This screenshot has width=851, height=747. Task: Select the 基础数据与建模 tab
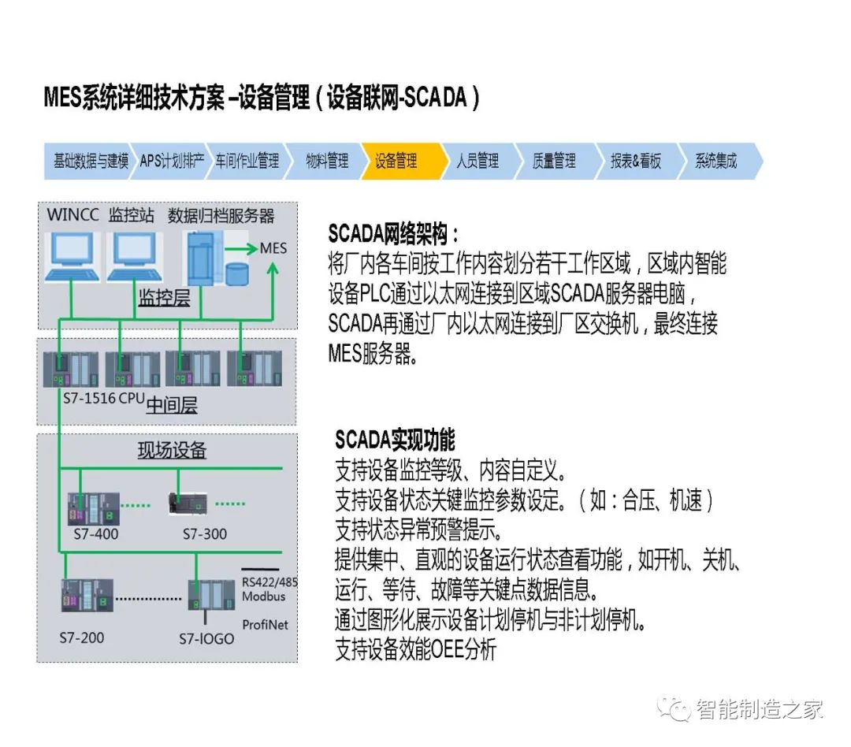coord(91,162)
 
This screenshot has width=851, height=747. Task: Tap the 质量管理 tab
coord(554,162)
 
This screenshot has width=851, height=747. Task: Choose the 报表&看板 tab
coord(635,162)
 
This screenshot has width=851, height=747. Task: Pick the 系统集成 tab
coord(715,162)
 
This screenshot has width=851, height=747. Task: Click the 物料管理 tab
coord(327,162)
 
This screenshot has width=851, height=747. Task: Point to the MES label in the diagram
coord(273,248)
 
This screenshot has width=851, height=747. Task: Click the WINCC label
coord(73,215)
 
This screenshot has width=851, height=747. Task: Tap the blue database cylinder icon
coord(236,273)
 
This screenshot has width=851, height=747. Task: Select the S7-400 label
coord(95,533)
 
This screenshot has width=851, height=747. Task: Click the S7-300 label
coord(205,533)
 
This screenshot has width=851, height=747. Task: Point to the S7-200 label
coord(82,637)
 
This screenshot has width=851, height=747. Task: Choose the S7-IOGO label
coord(206,638)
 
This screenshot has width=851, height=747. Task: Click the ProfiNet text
coord(265,625)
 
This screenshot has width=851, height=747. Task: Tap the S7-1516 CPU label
coord(103,399)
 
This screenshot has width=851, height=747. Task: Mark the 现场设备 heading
coord(172,450)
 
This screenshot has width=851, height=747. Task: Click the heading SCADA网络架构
coord(392,234)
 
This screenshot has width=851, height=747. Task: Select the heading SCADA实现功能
coord(395,439)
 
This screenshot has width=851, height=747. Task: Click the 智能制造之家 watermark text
coord(760,708)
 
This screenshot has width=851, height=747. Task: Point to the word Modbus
coord(264,596)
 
